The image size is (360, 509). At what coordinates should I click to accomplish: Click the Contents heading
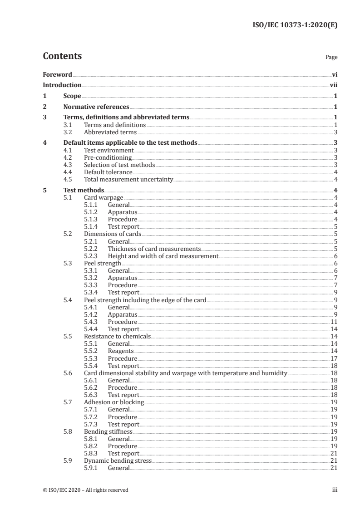coord(62,56)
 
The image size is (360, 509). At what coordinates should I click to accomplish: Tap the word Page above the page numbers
coord(331,58)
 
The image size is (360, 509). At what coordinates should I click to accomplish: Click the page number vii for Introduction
coord(333,85)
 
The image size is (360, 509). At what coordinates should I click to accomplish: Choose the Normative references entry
coord(96,107)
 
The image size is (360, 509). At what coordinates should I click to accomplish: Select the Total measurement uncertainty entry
coord(128,179)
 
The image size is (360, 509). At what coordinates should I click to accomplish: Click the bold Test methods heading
coord(84,190)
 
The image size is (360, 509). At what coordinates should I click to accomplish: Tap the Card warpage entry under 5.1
coord(104,197)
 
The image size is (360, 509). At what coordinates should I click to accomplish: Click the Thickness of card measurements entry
coord(154,249)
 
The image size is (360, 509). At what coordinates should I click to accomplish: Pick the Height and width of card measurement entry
coord(163,256)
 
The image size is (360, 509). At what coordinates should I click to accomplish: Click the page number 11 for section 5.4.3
coord(333,322)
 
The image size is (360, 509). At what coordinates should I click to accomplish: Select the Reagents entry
coord(120,351)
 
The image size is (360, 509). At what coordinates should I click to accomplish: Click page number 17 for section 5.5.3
coord(333,358)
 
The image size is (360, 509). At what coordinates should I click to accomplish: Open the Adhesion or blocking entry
coord(114,402)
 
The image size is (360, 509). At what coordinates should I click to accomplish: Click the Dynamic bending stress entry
coord(118,460)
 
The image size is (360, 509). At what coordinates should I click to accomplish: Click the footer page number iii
coord(335,490)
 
